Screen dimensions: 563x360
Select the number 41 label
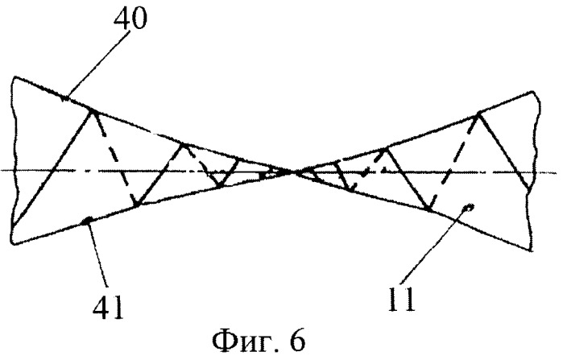click(x=108, y=308)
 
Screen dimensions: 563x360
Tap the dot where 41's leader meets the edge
click(x=86, y=221)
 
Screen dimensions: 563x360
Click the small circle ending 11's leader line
click(x=469, y=206)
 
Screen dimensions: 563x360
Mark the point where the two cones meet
click(x=292, y=172)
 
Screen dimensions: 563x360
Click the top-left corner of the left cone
click(x=15, y=77)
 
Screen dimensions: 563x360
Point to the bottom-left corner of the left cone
click(x=14, y=244)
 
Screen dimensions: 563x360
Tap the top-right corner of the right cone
click(x=534, y=92)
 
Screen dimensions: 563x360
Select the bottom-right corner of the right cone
click(x=532, y=250)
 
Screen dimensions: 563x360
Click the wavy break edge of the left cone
click(x=13, y=162)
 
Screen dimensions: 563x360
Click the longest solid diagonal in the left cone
click(x=52, y=168)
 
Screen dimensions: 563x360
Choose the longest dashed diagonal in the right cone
click(x=453, y=162)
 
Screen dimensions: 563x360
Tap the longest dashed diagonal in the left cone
click(x=115, y=158)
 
